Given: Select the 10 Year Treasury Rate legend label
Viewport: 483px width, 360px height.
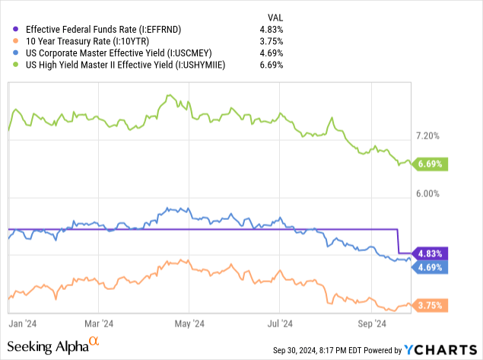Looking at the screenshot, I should pyautogui.click(x=79, y=41).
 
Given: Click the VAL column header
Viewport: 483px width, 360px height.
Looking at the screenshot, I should pyautogui.click(x=276, y=16).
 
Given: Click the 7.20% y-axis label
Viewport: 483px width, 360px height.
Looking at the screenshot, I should pyautogui.click(x=427, y=136).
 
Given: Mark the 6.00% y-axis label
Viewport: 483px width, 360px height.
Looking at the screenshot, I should pyautogui.click(x=427, y=193).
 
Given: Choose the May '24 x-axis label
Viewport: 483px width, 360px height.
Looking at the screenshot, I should pyautogui.click(x=192, y=323).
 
